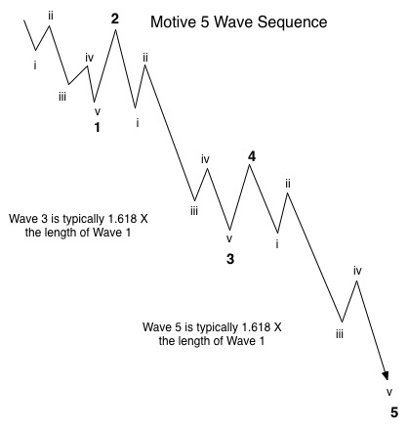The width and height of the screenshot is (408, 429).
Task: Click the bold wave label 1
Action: pyautogui.click(x=97, y=127)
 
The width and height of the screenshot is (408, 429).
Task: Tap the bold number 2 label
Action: pyautogui.click(x=115, y=20)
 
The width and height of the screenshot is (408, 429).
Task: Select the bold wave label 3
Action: pyautogui.click(x=230, y=259)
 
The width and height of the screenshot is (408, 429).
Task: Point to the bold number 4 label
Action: pyautogui.click(x=252, y=157)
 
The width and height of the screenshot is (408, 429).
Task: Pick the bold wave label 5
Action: pyautogui.click(x=394, y=412)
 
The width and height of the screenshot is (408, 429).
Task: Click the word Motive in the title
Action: pyautogui.click(x=173, y=22)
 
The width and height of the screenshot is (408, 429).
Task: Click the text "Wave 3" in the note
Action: pyautogui.click(x=28, y=219)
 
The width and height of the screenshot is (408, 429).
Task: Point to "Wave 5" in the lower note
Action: pyautogui.click(x=162, y=326)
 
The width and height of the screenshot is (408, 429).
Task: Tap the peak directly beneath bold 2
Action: pyautogui.click(x=115, y=30)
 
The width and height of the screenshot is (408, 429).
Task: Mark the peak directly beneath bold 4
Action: pyautogui.click(x=250, y=165)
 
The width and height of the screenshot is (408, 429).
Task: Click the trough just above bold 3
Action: pyautogui.click(x=229, y=230)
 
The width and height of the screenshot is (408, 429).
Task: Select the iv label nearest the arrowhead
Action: pyautogui.click(x=357, y=271)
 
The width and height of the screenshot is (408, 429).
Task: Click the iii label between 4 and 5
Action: pyautogui.click(x=340, y=334)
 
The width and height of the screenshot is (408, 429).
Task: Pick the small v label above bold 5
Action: pyautogui.click(x=389, y=392)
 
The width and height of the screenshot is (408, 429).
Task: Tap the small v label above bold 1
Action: pyautogui.click(x=98, y=111)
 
